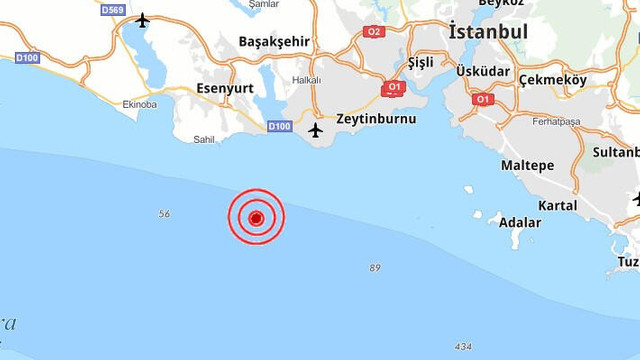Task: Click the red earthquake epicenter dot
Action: [256, 217]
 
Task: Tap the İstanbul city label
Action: [488, 32]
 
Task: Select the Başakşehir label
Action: [274, 42]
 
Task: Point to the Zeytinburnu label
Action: [376, 118]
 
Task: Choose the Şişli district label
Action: [423, 62]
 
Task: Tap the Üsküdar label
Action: [483, 73]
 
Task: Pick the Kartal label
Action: [557, 205]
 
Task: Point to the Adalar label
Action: [520, 222]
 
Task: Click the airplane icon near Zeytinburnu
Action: [316, 129]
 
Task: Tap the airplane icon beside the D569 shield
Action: [142, 19]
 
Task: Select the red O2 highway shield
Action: [374, 32]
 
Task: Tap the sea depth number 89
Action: [375, 267]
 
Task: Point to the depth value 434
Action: [462, 346]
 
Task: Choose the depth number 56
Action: [165, 214]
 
